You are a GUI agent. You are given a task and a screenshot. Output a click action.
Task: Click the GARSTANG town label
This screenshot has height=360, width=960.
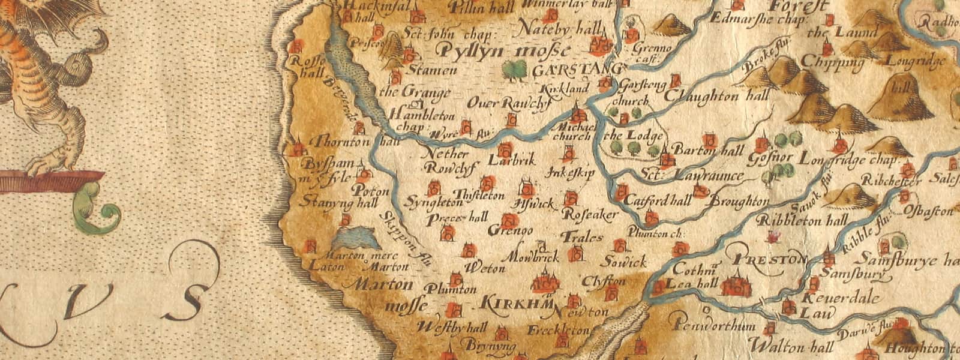pos(575,70)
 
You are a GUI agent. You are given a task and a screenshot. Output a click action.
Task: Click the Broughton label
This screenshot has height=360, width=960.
pos(739,202)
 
